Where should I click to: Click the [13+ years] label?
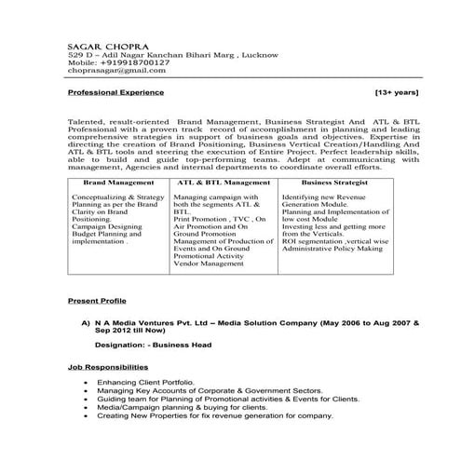click(396, 94)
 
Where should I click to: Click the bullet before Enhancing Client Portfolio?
click(87, 383)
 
